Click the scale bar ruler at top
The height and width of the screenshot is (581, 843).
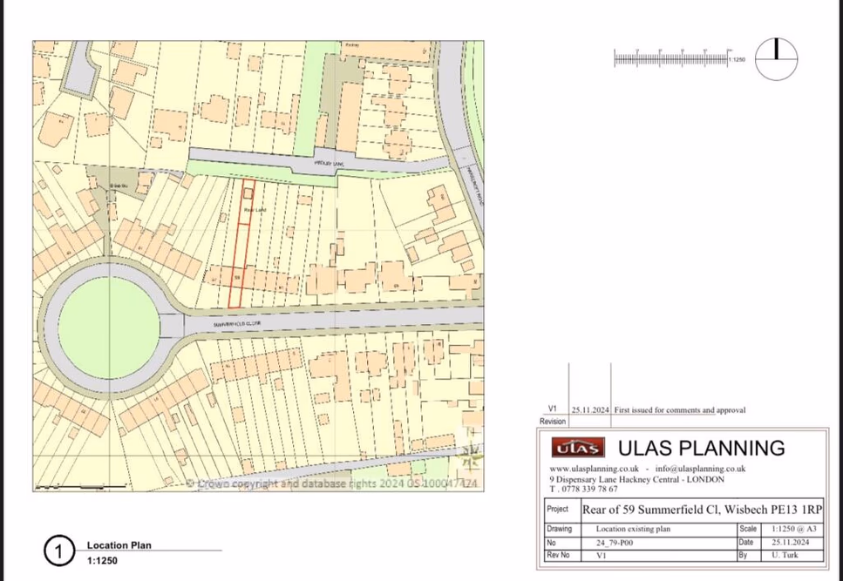(671, 58)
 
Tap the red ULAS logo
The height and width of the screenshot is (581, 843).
(577, 449)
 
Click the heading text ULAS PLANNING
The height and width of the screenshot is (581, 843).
(701, 449)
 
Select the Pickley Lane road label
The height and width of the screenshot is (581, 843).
(330, 163)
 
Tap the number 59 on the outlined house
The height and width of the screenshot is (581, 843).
(237, 278)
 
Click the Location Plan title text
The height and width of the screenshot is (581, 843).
(119, 545)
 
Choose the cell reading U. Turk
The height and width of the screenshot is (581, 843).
(781, 554)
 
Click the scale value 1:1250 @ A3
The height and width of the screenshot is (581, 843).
(792, 529)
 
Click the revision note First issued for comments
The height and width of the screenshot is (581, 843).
(680, 409)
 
